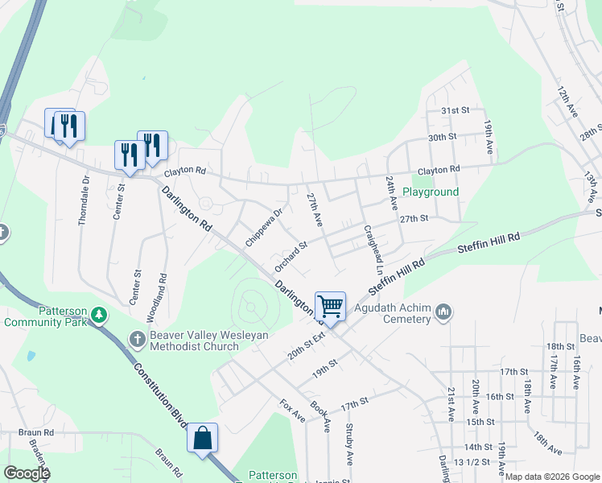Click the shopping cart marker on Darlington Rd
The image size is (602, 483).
tap(330, 306)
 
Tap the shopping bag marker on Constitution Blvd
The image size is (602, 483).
tap(203, 439)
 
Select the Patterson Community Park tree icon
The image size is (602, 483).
tap(98, 314)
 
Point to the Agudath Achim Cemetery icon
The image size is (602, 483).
tap(443, 311)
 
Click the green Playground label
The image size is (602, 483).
tap(431, 192)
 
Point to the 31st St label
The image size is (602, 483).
tap(454, 110)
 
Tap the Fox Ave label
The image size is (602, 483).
tap(292, 411)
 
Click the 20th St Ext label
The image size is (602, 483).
tap(305, 342)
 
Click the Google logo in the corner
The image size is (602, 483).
tap(27, 473)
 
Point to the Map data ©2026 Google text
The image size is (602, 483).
tap(551, 477)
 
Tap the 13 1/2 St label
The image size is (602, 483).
tap(472, 461)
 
